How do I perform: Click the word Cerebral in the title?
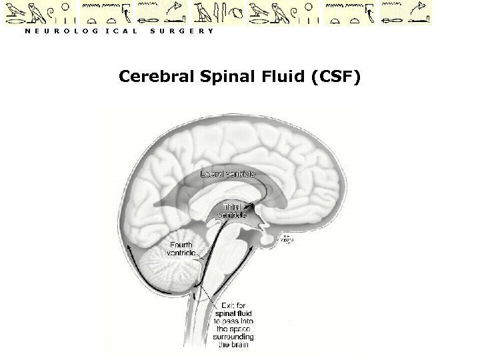click(153, 77)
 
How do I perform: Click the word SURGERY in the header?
click(182, 31)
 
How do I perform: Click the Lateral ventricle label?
click(228, 174)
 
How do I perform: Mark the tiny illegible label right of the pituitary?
click(285, 239)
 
